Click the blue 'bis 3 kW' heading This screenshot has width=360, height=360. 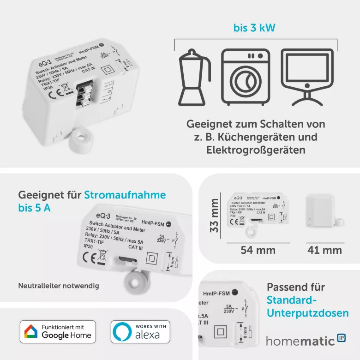click(254, 28)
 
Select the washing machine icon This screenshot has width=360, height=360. click(245, 78)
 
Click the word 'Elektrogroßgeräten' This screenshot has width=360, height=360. click(256, 150)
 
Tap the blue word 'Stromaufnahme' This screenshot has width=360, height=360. click(125, 195)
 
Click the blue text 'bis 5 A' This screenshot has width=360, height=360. click(35, 208)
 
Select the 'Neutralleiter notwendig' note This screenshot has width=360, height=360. click(59, 286)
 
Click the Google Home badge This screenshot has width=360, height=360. click(58, 331)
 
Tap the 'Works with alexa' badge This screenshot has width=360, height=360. click(140, 331)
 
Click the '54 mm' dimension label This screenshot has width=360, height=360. click(258, 250)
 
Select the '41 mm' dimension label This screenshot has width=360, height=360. click(325, 250)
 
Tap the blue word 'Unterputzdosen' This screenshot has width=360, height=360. click(307, 313)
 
